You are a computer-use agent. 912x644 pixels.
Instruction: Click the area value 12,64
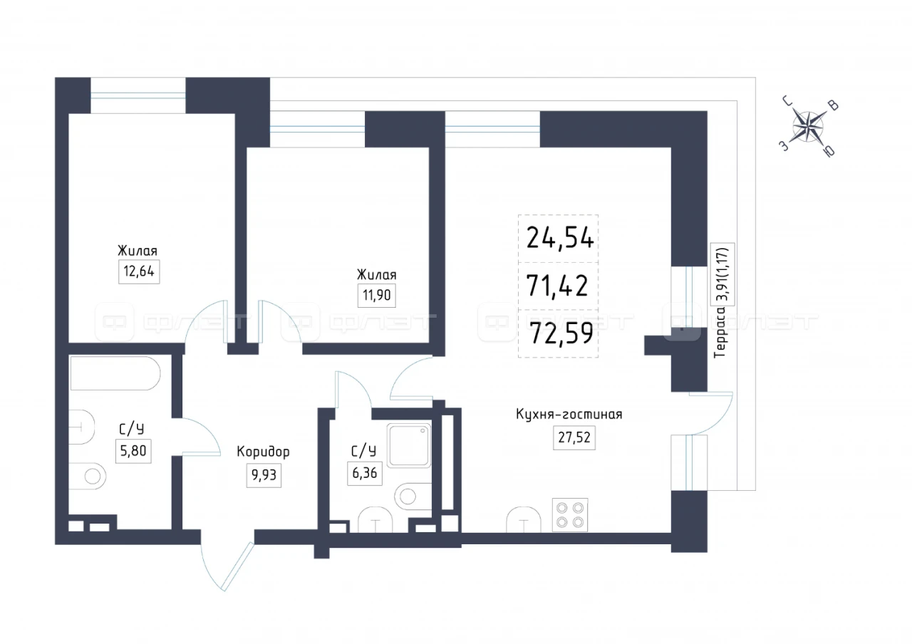point(139,271)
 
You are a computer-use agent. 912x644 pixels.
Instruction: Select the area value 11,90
point(377,295)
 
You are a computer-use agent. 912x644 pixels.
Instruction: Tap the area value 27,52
point(574,437)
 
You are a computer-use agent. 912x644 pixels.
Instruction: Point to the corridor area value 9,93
point(264,475)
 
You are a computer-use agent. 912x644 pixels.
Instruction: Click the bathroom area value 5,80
point(133,451)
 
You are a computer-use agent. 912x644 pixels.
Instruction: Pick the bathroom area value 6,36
point(364,473)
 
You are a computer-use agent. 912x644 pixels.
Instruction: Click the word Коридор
point(263,452)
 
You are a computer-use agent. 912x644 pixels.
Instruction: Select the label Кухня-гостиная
point(569,415)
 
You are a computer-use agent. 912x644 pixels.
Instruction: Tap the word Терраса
point(720,332)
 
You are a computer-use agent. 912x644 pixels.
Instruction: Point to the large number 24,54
point(560,238)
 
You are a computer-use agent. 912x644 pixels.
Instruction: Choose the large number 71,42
point(557,286)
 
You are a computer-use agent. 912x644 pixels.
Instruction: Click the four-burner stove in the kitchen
point(570,515)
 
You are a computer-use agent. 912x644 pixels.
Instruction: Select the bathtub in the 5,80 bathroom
point(115,373)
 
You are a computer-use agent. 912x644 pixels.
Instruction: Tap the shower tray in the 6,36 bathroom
point(409,445)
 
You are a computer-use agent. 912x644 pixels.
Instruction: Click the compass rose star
point(808,127)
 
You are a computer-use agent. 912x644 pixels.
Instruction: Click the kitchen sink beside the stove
point(524,520)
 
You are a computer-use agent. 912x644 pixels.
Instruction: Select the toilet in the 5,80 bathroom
point(88,476)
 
